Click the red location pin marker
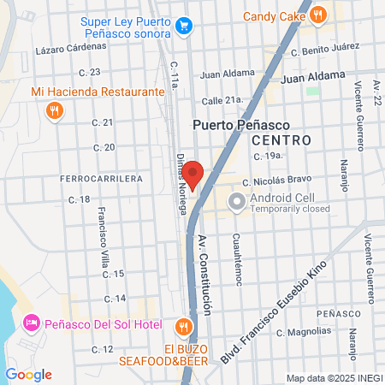pos(192,174)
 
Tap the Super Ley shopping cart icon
pos(183,27)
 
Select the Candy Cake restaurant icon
pos(318,14)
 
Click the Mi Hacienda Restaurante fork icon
pos(55,109)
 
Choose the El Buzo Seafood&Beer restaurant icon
pos(183,327)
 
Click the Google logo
pos(28,374)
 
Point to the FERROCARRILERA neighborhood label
pos(101,179)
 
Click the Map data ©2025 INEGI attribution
pos(334,377)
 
